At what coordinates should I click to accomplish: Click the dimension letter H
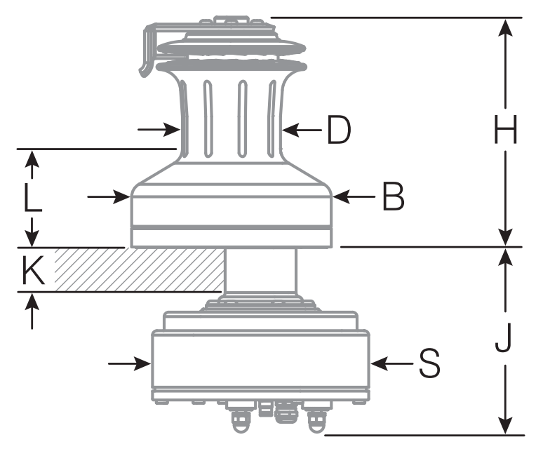[x=505, y=130]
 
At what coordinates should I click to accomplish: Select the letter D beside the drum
[x=339, y=130]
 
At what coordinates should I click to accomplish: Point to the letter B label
[x=393, y=198]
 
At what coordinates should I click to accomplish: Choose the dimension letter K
[x=31, y=271]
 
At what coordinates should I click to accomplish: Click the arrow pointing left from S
[x=377, y=363]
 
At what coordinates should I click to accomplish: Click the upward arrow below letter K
[x=32, y=302]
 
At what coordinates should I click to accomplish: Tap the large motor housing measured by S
[x=260, y=361]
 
